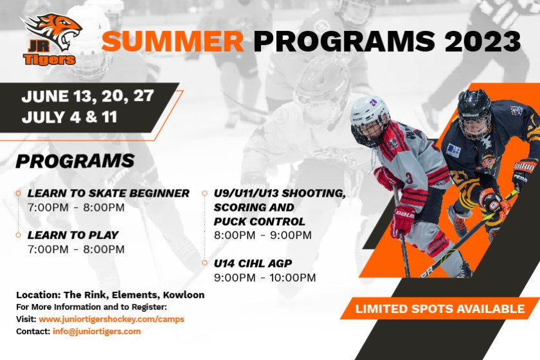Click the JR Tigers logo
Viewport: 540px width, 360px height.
[51, 40]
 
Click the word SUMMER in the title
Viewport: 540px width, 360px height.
[173, 41]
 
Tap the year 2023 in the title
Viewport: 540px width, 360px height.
[482, 41]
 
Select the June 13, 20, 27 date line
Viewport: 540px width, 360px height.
[87, 96]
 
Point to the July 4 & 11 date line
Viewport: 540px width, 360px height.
[69, 117]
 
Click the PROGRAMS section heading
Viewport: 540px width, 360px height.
[75, 161]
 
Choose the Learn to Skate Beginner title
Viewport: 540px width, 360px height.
[109, 194]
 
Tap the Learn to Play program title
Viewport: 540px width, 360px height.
[73, 235]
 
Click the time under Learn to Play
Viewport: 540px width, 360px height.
[76, 249]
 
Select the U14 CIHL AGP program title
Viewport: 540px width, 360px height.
[253, 264]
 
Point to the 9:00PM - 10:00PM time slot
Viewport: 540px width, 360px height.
[265, 278]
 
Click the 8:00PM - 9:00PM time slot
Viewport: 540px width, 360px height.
[263, 235]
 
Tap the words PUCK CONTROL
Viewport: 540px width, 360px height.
[259, 222]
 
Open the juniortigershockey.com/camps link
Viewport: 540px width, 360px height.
[112, 319]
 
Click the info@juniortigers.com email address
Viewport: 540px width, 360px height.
[97, 332]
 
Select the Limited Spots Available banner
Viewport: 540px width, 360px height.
[440, 309]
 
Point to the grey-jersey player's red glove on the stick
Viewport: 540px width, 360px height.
[402, 221]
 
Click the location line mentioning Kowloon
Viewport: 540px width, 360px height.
[110, 295]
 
